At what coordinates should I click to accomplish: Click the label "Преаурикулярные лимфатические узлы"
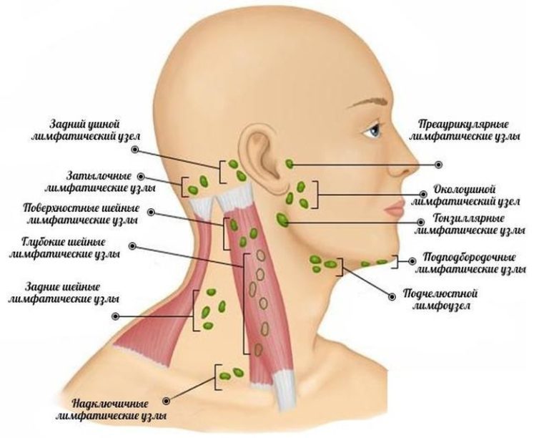point(464,130)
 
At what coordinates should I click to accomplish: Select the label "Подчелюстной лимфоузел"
point(441,299)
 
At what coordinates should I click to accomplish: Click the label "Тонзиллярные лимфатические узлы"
point(470,224)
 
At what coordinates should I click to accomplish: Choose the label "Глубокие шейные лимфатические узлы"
point(64,248)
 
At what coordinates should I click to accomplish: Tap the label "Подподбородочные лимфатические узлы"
point(470,263)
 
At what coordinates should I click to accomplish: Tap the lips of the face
point(395,208)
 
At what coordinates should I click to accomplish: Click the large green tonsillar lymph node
point(282,220)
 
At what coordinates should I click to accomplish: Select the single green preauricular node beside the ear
point(290,164)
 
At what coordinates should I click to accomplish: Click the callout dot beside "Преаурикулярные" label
point(438,165)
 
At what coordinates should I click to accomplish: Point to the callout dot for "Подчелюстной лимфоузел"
point(392,297)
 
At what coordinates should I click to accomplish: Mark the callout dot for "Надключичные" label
point(167,401)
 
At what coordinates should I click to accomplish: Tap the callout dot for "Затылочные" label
point(141,177)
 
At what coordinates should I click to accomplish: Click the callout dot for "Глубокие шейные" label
point(132,246)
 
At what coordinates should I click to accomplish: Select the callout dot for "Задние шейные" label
point(115,317)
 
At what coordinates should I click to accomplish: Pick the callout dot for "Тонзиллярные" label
point(421,222)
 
